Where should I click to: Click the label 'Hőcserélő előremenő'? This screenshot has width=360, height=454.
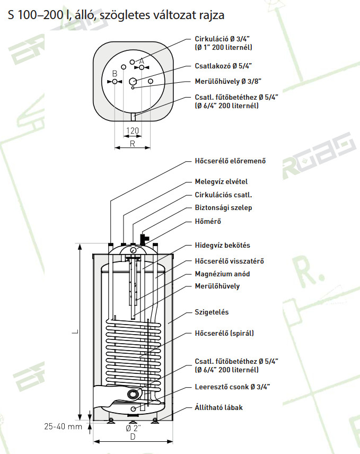point(230,161)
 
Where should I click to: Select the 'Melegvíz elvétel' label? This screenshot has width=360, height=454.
point(221,181)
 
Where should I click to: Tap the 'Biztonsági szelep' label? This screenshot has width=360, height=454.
point(223,208)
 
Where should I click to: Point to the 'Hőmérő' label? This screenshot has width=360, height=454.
point(208,222)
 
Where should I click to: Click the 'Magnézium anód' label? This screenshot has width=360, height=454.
point(222,274)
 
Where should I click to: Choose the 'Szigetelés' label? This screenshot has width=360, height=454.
point(212,312)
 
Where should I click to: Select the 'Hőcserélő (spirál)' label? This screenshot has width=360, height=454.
point(224,333)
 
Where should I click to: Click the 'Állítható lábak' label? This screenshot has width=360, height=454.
point(218,408)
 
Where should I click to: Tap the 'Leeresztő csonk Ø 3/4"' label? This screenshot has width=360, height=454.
point(232,387)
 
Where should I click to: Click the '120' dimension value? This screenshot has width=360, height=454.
point(133,131)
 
